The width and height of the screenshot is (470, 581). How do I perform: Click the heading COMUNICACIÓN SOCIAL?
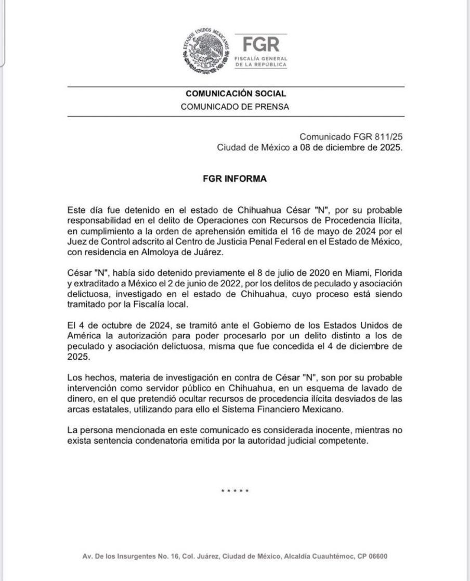235,94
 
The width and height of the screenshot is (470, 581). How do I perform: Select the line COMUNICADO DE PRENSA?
235,107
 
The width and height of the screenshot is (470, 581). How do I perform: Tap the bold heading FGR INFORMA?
234,178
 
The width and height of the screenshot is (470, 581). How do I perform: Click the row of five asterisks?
235,492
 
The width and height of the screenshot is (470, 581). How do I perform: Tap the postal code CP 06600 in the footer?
370,557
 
